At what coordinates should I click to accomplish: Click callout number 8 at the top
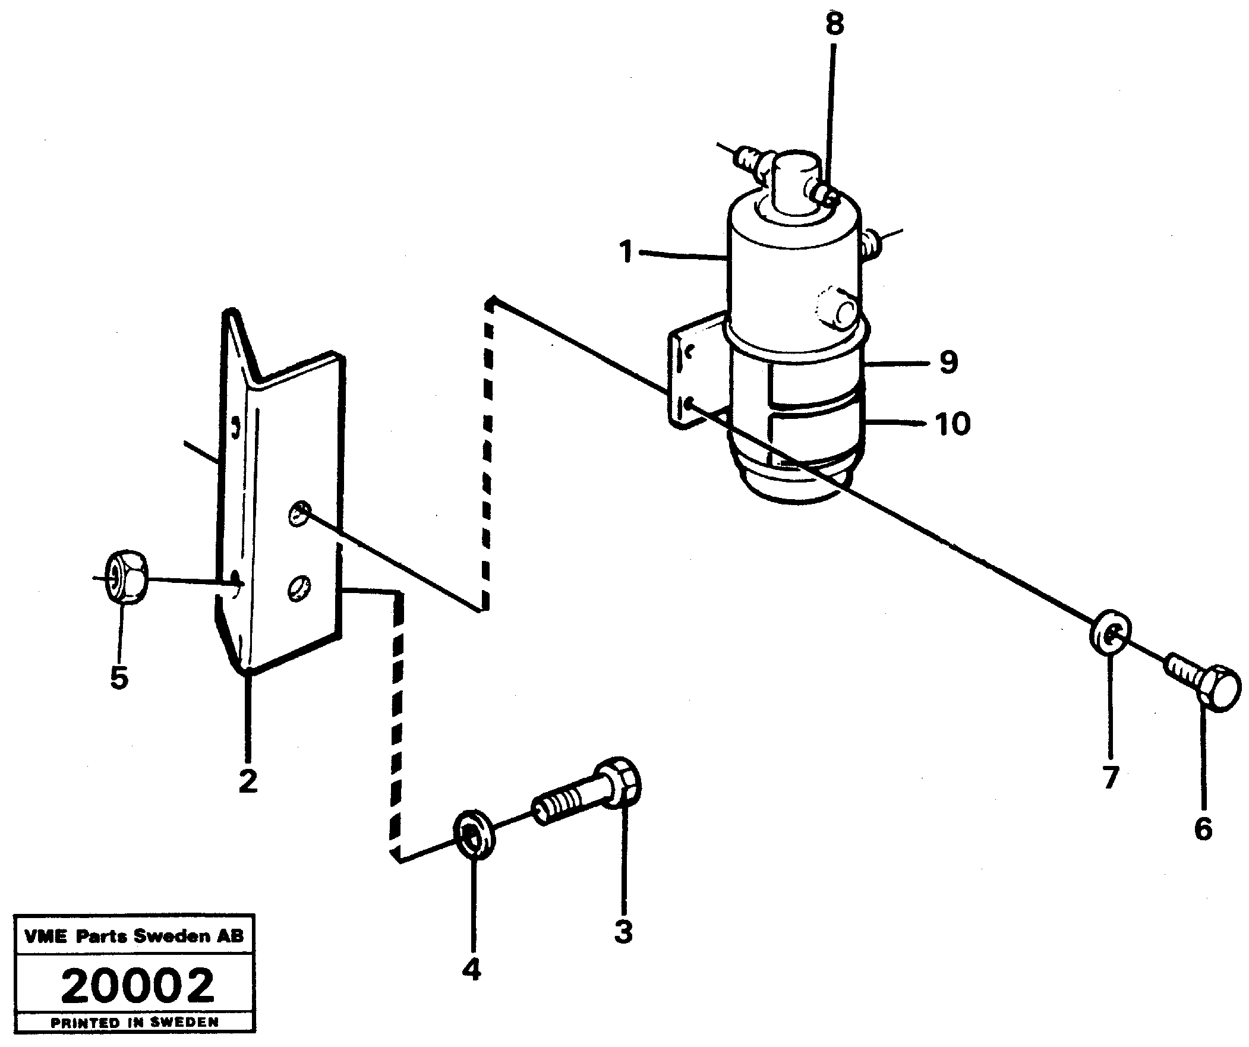(x=834, y=25)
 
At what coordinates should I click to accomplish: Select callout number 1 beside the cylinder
(x=625, y=251)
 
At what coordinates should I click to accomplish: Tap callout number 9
(x=948, y=362)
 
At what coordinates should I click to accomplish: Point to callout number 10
(x=952, y=424)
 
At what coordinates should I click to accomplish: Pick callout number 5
(x=119, y=677)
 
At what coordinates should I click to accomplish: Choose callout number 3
(x=623, y=931)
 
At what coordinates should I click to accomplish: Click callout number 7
(x=1111, y=777)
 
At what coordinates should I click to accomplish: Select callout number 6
(x=1203, y=829)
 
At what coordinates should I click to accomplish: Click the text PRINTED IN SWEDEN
(x=135, y=1023)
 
